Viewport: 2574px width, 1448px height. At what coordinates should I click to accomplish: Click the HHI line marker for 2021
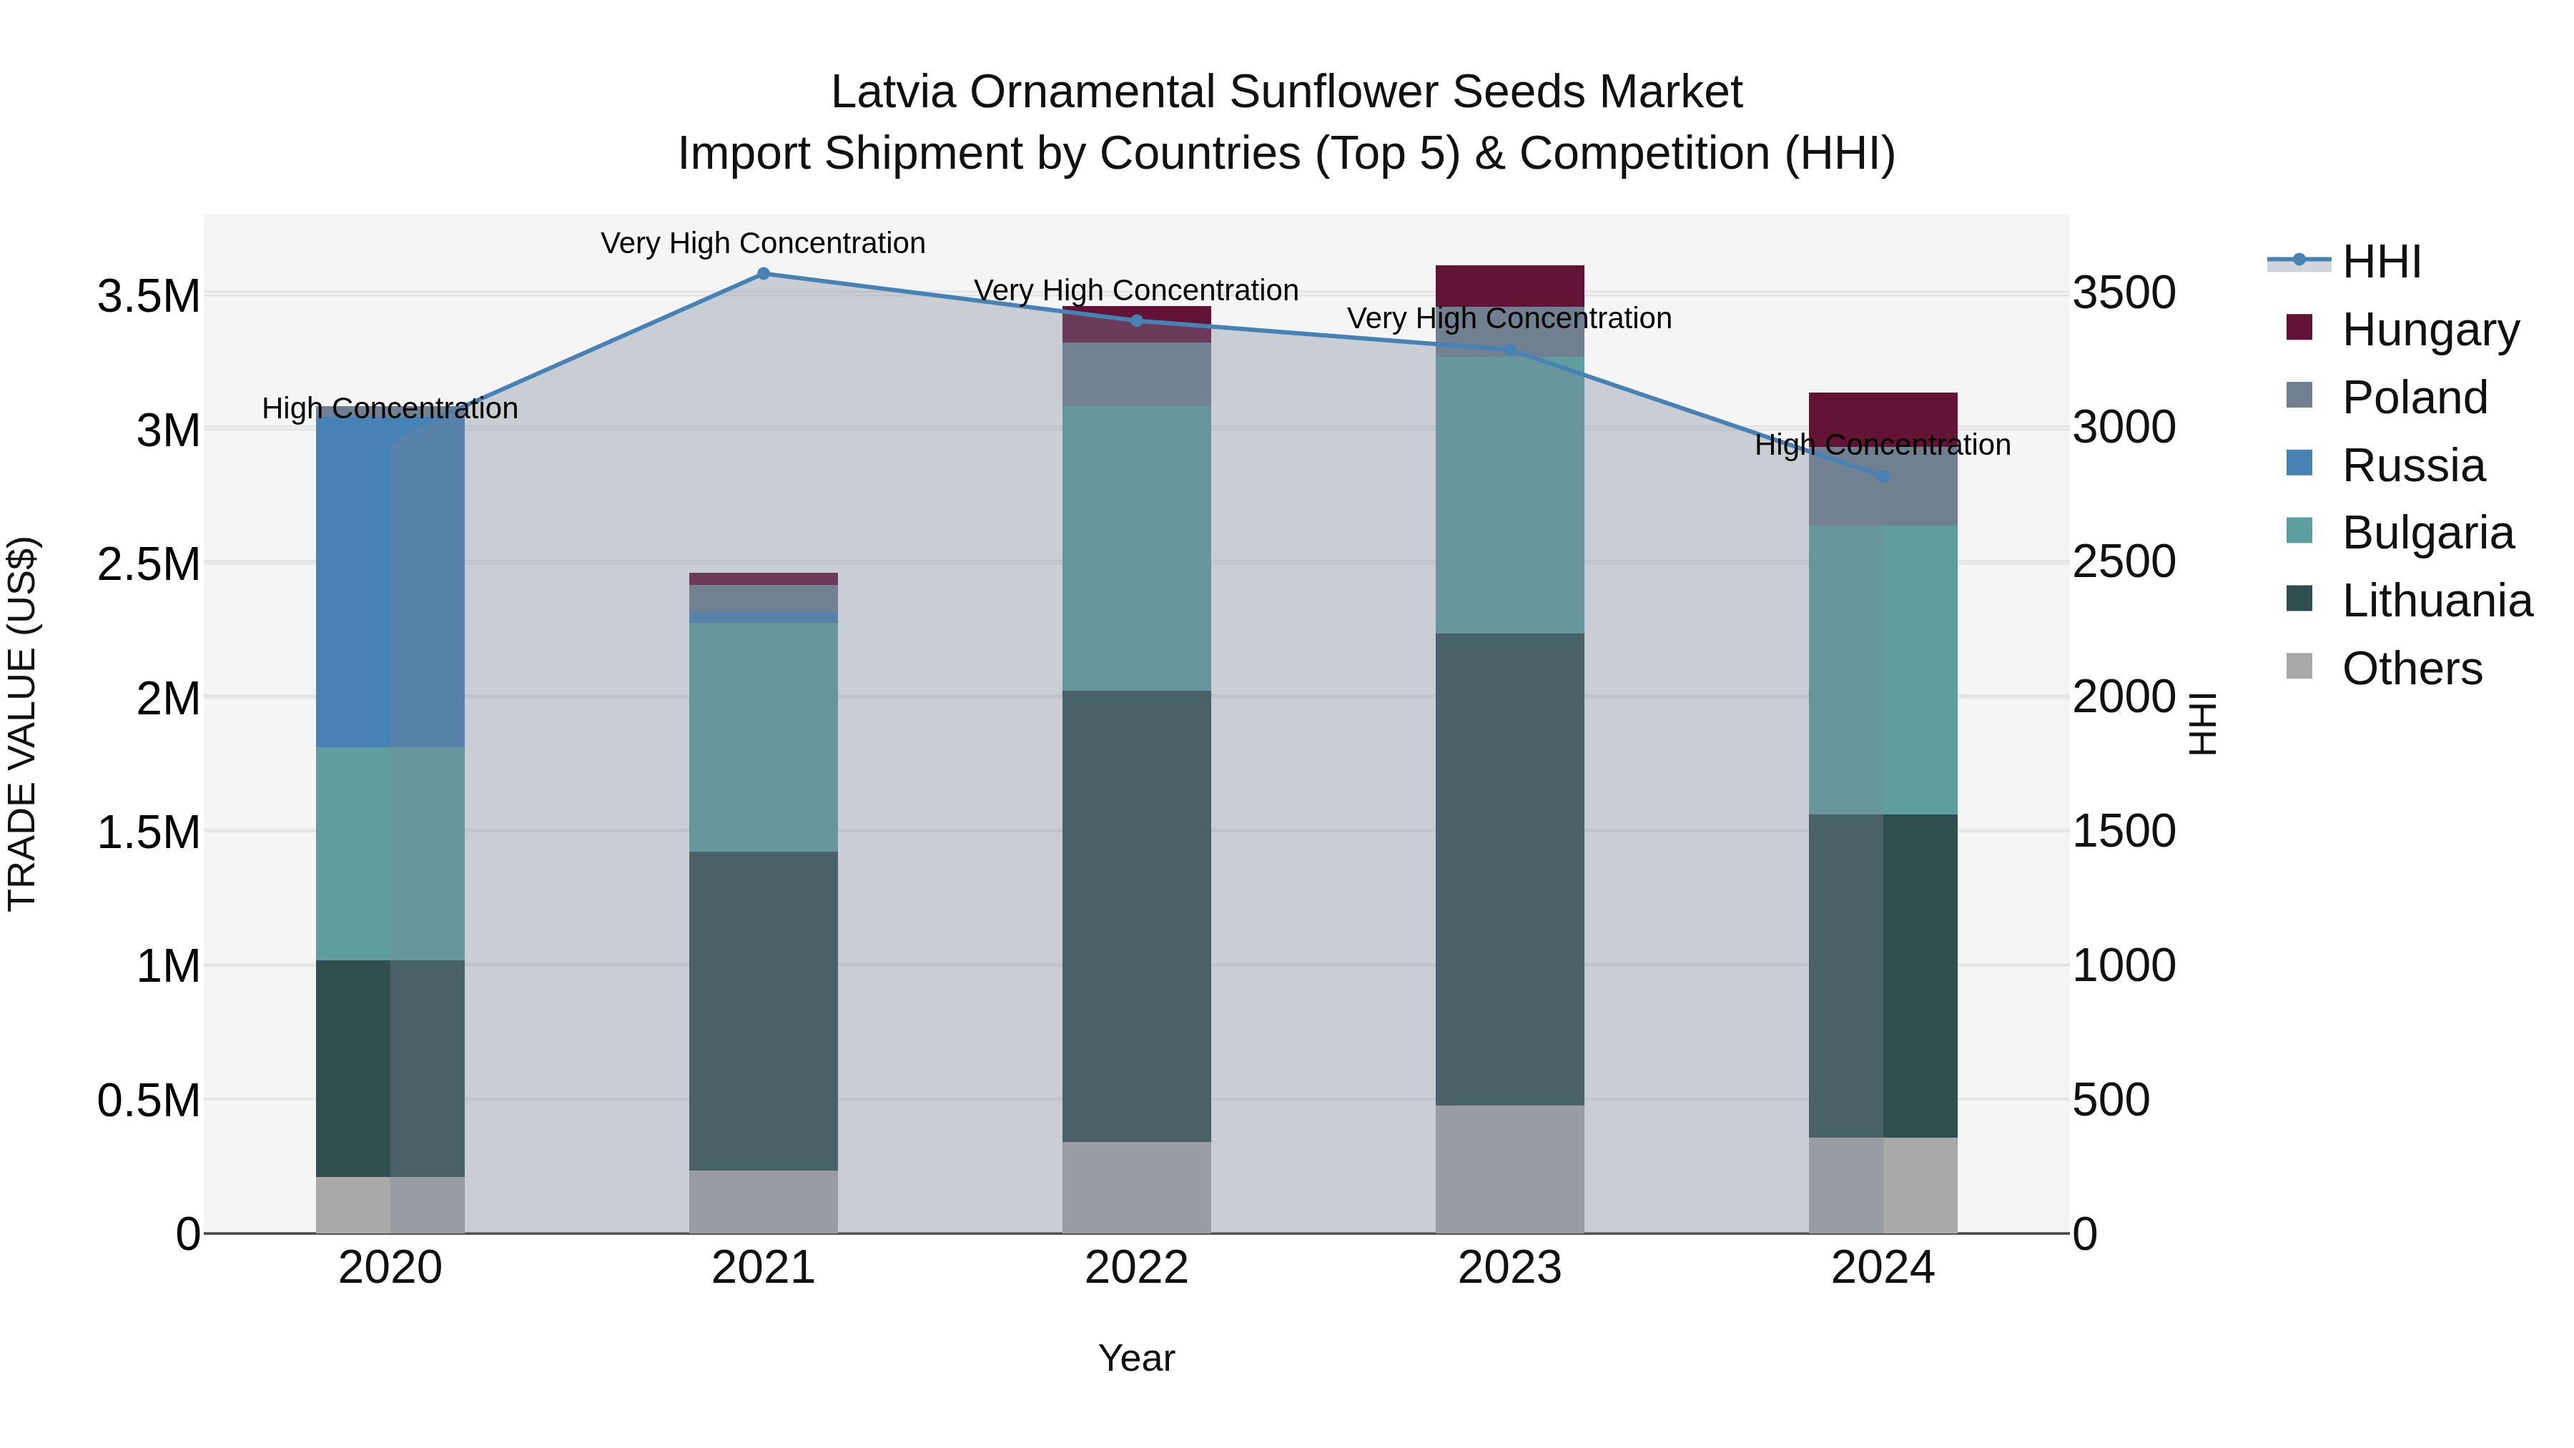764,274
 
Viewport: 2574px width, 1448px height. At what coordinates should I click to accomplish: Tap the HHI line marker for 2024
1883,477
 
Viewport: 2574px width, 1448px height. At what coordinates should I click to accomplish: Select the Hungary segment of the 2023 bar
1510,286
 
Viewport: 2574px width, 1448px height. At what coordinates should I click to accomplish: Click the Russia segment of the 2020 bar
390,580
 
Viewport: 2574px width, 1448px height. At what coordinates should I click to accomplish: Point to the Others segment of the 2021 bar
764,1201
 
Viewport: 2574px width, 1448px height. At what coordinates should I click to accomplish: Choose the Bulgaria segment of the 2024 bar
1883,669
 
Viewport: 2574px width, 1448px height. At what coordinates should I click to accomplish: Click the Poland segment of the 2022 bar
1136,374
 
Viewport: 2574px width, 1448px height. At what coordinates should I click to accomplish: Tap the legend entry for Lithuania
2436,601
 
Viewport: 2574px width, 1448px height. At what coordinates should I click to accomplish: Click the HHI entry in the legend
2381,262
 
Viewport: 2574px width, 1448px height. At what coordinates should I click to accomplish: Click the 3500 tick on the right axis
2124,294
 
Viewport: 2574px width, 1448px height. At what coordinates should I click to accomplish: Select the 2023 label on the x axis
1510,1268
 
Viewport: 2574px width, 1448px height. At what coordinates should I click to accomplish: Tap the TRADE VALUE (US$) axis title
22,724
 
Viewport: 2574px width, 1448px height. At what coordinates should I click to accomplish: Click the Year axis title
1136,1358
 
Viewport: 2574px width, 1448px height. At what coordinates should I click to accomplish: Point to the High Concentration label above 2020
390,409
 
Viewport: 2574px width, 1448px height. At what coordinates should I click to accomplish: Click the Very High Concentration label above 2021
764,243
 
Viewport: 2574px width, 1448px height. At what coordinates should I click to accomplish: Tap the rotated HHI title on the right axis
2202,724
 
